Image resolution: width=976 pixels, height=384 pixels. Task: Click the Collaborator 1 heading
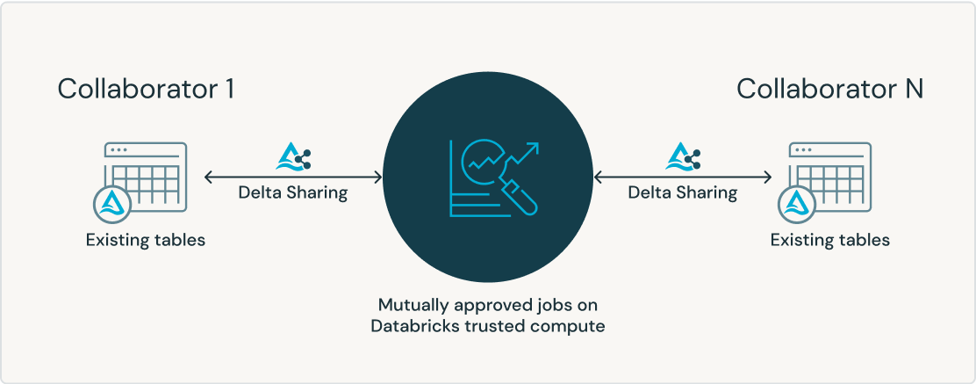[146, 89]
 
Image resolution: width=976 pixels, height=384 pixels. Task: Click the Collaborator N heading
[829, 89]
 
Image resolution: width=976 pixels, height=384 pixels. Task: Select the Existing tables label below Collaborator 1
[146, 239]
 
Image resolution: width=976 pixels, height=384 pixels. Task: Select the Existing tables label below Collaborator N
[829, 239]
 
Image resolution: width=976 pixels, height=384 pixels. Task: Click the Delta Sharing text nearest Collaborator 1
[293, 192]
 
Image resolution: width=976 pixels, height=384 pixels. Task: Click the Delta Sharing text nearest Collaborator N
[683, 192]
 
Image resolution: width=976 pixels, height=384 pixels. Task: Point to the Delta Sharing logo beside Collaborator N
[684, 158]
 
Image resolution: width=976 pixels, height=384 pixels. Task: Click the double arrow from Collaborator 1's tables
[293, 177]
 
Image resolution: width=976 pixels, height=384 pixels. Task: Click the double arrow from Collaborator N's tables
[683, 177]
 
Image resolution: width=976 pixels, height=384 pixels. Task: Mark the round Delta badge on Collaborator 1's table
[113, 204]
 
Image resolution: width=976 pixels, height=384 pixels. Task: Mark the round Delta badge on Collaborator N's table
[798, 204]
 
